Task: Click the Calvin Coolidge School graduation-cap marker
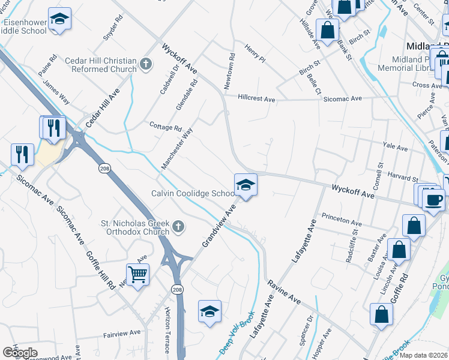tap(246, 185)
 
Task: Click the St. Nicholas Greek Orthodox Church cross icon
tap(178, 226)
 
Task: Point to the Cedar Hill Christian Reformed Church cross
tap(145, 63)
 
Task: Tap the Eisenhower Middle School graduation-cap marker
tap(59, 19)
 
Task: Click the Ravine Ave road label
tap(283, 290)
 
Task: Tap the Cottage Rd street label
tap(165, 127)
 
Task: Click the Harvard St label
tap(403, 179)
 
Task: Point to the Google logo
tap(20, 353)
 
